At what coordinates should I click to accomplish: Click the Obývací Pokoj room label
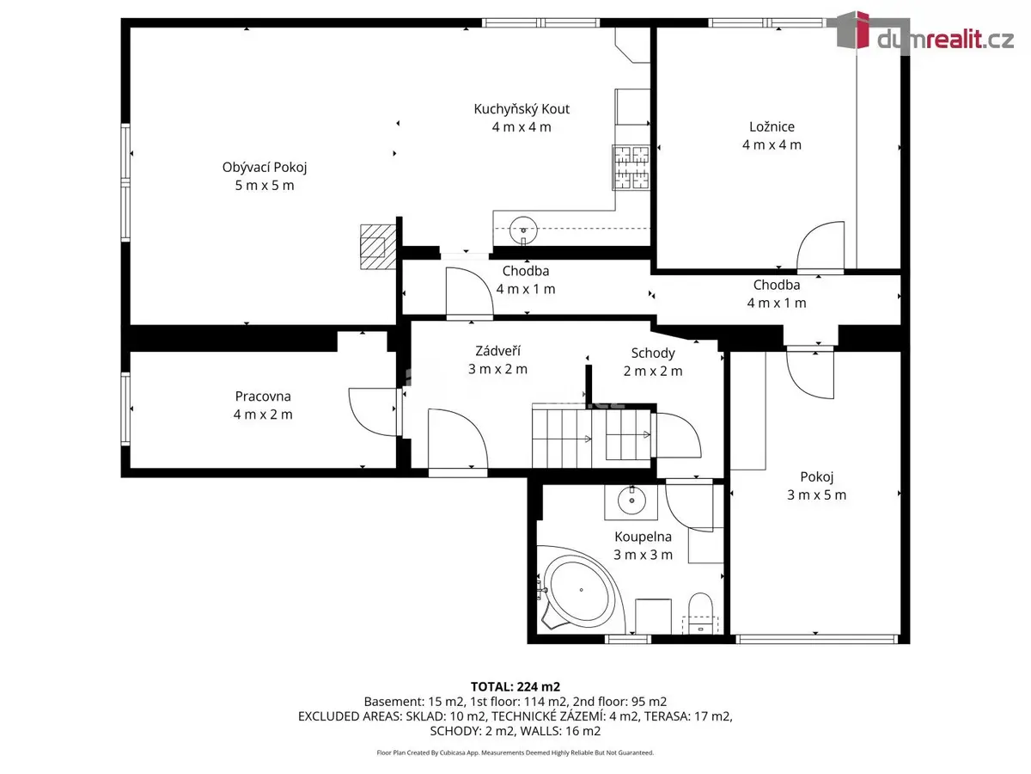(265, 168)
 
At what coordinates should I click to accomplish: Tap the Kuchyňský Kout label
(522, 109)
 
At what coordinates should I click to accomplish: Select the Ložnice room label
(772, 126)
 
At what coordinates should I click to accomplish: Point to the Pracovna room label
(263, 396)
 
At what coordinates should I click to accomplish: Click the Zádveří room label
(497, 351)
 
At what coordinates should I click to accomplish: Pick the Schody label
(653, 353)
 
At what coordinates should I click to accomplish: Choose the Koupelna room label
(643, 537)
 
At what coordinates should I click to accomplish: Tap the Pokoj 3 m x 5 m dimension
(816, 494)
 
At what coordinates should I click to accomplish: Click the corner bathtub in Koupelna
(580, 590)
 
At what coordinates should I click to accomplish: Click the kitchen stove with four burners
(631, 168)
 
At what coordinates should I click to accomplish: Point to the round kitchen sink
(523, 230)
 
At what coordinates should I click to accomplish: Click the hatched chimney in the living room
(378, 247)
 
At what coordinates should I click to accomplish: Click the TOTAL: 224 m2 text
(515, 687)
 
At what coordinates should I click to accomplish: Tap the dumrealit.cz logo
(924, 33)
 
